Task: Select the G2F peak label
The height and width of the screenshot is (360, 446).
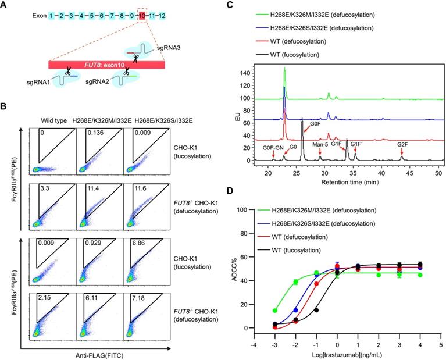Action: pos(402,144)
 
